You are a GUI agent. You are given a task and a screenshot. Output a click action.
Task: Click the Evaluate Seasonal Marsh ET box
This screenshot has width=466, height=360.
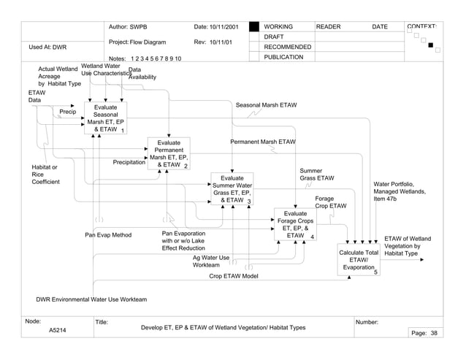click(x=105, y=118)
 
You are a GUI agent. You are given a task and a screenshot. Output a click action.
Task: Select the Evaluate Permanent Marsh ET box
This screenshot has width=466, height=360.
click(x=169, y=154)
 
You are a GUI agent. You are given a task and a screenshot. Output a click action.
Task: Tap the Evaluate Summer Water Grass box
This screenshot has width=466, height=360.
click(x=232, y=188)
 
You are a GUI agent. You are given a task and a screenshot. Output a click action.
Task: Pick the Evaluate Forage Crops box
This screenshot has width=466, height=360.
click(x=295, y=225)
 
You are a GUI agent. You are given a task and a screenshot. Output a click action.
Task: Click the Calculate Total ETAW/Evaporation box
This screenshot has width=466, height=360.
click(x=359, y=260)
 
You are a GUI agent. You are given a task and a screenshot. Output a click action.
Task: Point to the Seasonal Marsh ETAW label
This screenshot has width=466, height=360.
click(x=266, y=105)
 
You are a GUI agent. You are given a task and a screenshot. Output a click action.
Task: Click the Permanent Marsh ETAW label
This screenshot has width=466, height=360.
click(x=263, y=141)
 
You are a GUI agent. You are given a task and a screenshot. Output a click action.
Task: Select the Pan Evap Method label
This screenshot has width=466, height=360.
click(x=108, y=235)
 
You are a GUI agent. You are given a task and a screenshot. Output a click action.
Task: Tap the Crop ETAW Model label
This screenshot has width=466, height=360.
click(x=234, y=276)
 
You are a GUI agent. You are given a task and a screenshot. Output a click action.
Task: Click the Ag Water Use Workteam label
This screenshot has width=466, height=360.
click(x=211, y=261)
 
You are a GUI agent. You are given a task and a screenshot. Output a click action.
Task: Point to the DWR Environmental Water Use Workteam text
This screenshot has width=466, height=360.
click(x=91, y=299)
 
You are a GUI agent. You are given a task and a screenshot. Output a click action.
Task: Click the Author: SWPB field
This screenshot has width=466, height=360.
click(x=129, y=27)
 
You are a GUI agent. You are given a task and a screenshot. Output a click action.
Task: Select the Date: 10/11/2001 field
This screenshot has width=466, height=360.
click(x=216, y=27)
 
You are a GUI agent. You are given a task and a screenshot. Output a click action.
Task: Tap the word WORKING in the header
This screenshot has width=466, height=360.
click(x=279, y=27)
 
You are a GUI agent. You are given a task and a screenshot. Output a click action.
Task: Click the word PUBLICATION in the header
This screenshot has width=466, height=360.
click(x=283, y=57)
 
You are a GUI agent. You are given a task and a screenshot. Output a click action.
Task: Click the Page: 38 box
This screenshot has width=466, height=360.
click(x=423, y=333)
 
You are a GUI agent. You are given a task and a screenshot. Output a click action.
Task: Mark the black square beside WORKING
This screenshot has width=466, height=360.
click(x=254, y=27)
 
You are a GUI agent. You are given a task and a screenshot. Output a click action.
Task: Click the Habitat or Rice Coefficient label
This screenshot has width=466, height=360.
click(x=45, y=175)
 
